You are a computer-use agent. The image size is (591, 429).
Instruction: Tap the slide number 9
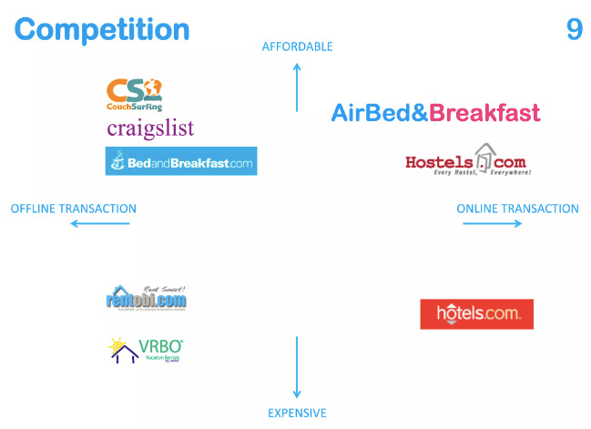pyautogui.click(x=574, y=29)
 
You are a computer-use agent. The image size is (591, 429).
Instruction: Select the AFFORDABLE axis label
pyautogui.click(x=297, y=46)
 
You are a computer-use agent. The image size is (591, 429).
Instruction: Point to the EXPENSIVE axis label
pyautogui.click(x=297, y=413)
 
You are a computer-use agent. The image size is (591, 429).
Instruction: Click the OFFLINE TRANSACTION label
pyautogui.click(x=74, y=209)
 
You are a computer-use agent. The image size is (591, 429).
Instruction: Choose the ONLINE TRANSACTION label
pyautogui.click(x=517, y=209)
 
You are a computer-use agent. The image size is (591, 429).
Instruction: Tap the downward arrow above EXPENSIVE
pyautogui.click(x=297, y=366)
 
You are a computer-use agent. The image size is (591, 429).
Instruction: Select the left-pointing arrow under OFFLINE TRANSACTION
pyautogui.click(x=99, y=224)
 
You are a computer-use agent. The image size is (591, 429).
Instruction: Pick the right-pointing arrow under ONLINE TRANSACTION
pyautogui.click(x=492, y=224)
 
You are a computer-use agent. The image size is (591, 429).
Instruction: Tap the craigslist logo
pyautogui.click(x=150, y=128)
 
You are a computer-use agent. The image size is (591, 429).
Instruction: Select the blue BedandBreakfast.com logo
pyautogui.click(x=180, y=161)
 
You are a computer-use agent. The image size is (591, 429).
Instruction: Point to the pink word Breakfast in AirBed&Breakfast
pyautogui.click(x=484, y=113)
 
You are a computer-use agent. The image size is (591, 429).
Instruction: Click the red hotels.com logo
pyautogui.click(x=476, y=314)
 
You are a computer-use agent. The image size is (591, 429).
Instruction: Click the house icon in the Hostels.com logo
pyautogui.click(x=487, y=156)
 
